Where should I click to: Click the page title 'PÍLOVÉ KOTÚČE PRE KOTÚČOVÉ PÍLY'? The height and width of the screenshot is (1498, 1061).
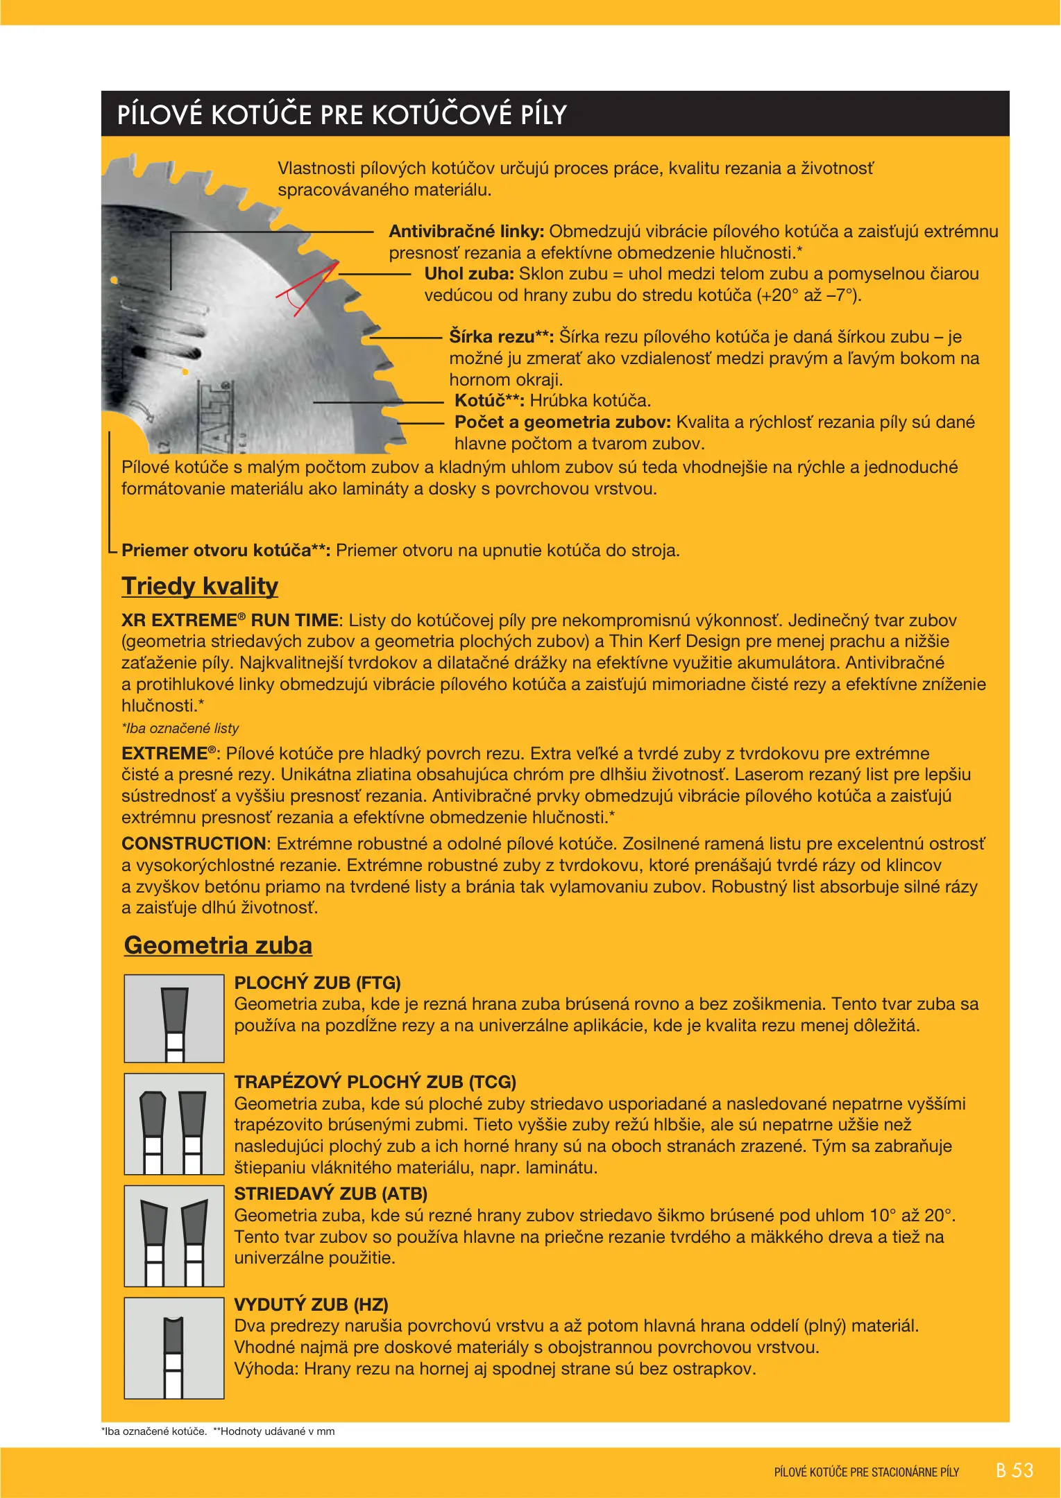click(342, 114)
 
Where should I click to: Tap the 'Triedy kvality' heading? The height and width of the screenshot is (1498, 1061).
click(200, 586)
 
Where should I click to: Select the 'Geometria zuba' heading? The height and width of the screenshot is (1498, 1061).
click(218, 945)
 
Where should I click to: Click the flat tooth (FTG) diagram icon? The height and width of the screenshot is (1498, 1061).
click(174, 1018)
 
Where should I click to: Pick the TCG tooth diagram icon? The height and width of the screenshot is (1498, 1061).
click(174, 1123)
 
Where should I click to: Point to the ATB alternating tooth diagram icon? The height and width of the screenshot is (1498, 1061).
click(174, 1236)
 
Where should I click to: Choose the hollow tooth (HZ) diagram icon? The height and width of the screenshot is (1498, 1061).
click(174, 1348)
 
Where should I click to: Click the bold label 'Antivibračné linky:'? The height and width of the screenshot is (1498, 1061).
click(466, 232)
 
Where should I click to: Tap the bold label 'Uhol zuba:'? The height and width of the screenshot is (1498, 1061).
click(469, 274)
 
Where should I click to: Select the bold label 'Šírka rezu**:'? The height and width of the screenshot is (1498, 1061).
click(501, 337)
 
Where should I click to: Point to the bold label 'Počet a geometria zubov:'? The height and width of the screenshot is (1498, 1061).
click(562, 422)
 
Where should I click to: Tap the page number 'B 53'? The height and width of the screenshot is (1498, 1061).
click(1014, 1470)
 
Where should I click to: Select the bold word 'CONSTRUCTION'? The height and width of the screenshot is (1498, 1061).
click(194, 844)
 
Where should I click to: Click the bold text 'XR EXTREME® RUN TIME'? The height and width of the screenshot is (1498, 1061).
click(230, 621)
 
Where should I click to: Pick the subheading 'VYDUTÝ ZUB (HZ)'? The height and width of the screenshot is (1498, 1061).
click(311, 1305)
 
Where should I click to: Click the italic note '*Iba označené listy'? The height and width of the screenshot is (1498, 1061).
click(180, 728)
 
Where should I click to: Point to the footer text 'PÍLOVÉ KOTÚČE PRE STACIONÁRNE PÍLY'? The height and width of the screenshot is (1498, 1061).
click(866, 1472)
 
